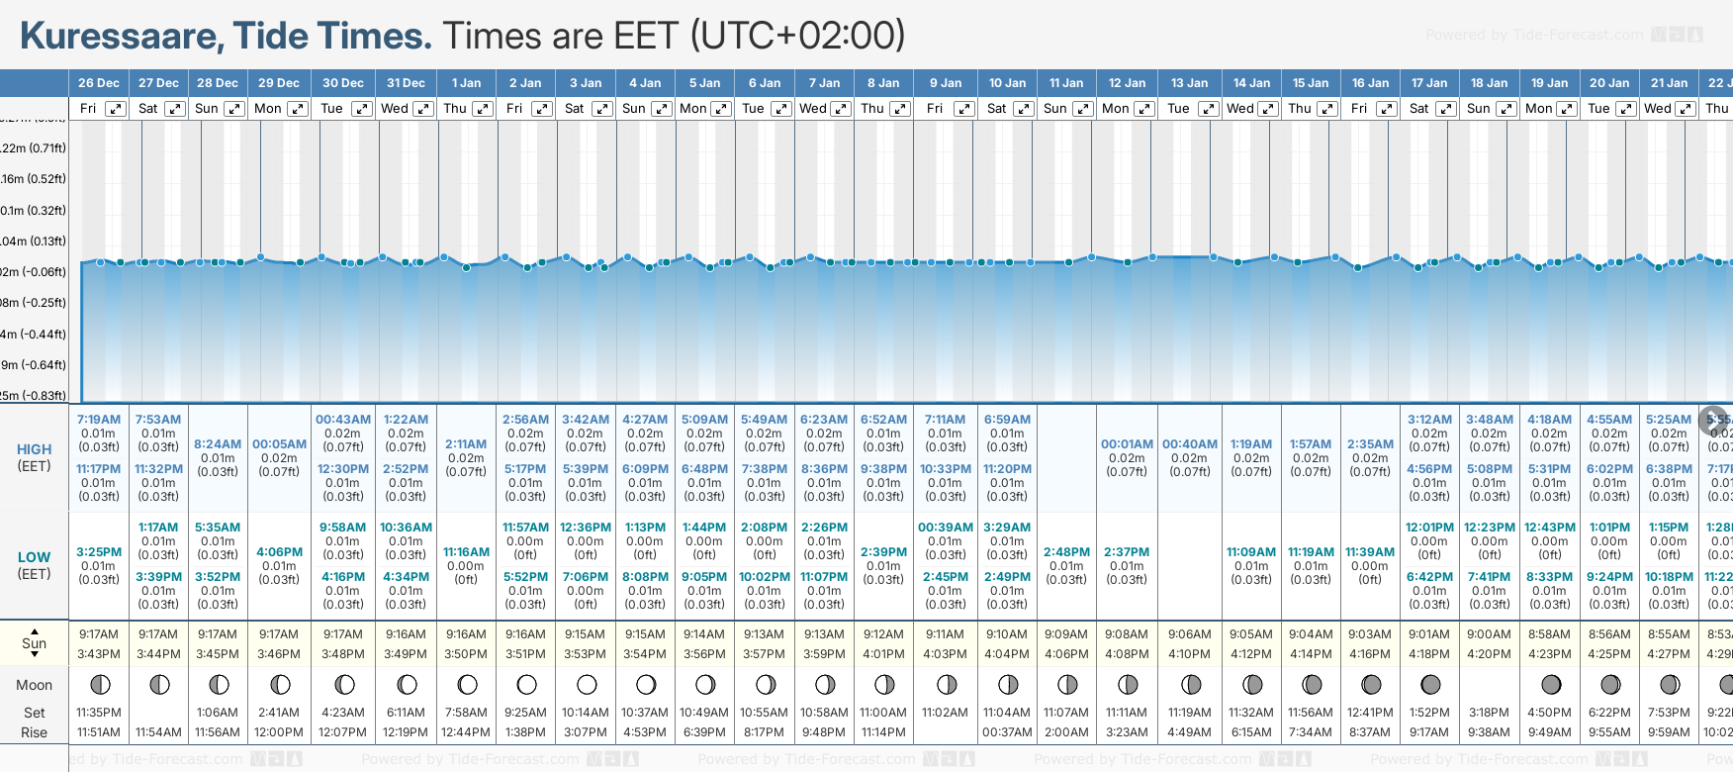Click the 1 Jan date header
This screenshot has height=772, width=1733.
(466, 83)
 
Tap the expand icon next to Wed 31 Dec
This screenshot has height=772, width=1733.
(422, 109)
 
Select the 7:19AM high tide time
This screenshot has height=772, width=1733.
(99, 420)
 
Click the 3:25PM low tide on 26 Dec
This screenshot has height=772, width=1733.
(99, 552)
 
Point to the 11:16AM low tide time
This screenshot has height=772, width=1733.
(466, 552)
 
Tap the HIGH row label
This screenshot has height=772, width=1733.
(35, 449)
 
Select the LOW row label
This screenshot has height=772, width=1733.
(35, 557)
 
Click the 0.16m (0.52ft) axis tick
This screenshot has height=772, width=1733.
(34, 179)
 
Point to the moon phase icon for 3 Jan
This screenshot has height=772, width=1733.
(587, 684)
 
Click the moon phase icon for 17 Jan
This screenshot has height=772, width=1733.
(1429, 684)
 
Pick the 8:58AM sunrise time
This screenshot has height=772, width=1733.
(1549, 634)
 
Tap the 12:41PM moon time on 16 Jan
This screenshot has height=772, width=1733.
(1370, 713)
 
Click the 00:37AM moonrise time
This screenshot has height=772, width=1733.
(1007, 732)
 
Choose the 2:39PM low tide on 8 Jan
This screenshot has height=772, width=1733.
(883, 552)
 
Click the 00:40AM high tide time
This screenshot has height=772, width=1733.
(1189, 444)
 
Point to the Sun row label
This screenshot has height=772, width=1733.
(35, 643)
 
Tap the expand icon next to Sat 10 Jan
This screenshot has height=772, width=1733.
(1024, 109)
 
